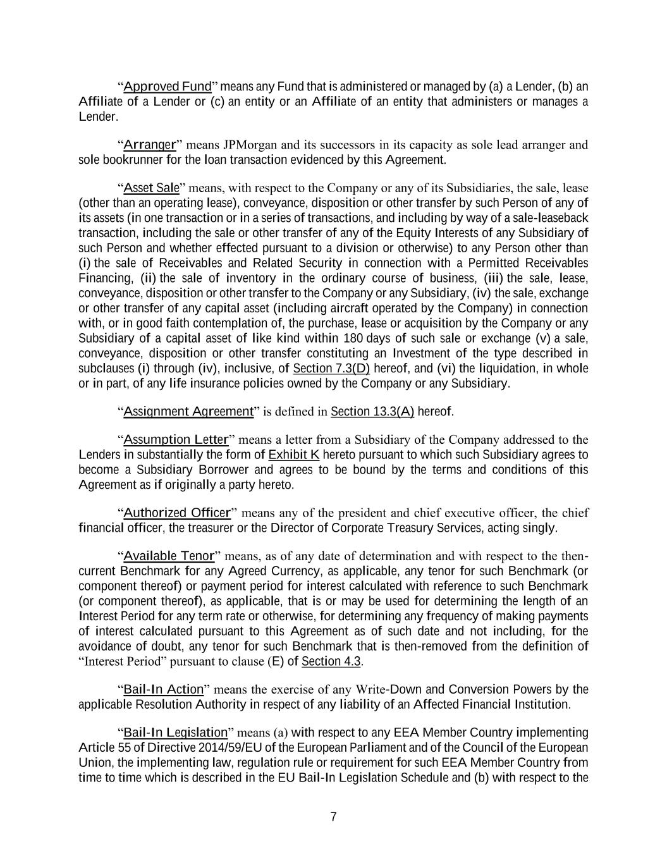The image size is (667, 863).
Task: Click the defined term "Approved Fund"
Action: [167, 87]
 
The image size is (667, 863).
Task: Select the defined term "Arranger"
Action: [149, 145]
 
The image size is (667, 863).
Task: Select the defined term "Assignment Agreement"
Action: [188, 412]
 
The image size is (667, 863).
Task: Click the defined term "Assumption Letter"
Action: [176, 439]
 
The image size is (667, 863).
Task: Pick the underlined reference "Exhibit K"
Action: [294, 455]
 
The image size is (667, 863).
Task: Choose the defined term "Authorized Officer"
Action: [177, 513]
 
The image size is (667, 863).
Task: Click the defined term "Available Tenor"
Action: [169, 556]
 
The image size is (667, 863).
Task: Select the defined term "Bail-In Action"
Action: [164, 689]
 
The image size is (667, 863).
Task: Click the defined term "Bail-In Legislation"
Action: [175, 733]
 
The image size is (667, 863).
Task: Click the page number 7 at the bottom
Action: [333, 817]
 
